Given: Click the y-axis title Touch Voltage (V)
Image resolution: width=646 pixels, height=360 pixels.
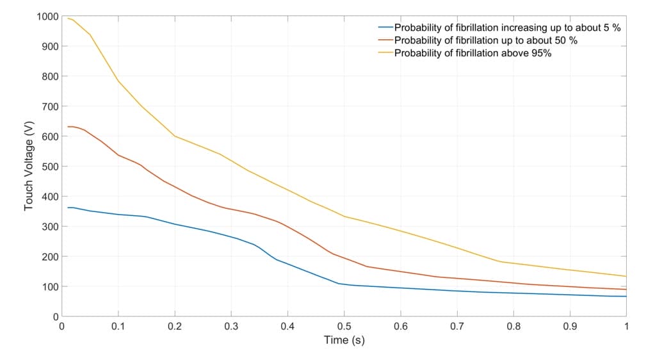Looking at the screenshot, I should coord(29,166).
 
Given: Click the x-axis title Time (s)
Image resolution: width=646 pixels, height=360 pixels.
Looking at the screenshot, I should coord(344,340).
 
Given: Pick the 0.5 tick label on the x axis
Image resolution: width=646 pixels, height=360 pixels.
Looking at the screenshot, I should coord(344,326).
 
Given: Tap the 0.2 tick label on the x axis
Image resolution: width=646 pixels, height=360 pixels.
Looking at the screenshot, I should coord(175,326).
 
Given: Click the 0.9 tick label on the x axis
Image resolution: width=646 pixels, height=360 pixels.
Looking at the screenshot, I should coord(570,326).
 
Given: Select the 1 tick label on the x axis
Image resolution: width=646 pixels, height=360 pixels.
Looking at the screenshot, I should coord(626,326).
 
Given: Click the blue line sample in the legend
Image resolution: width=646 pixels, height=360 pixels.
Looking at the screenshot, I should coord(385,28).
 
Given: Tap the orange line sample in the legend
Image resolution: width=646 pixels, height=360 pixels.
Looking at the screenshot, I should coord(385,40).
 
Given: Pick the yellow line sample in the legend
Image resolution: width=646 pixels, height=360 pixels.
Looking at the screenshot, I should coord(385,53).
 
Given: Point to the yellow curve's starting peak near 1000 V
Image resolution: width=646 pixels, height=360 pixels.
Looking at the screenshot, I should coord(69,18).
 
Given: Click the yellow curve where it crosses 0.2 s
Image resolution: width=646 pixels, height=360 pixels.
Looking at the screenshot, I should coord(175,136).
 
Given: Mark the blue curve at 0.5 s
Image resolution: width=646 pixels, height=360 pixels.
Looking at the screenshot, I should coord(344,284).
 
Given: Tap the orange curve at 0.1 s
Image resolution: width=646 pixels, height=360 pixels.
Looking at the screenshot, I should coord(118,155).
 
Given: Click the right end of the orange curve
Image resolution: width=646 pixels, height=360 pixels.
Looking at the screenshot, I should coord(626,290).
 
